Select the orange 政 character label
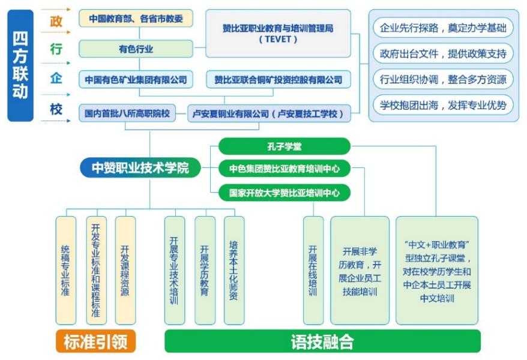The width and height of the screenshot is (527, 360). (56, 22)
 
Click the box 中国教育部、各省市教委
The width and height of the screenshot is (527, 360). (136, 19)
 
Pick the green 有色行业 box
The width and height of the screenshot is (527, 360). (136, 49)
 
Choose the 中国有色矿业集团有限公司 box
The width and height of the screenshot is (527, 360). (136, 79)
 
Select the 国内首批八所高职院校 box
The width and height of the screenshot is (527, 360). (127, 112)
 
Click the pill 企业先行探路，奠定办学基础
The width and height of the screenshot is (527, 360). (443, 28)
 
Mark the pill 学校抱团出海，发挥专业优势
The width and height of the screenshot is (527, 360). (443, 105)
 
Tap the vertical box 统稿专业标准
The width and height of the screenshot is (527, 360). (65, 270)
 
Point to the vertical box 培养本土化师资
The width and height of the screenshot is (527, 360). (234, 270)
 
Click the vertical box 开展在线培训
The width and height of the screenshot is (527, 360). (313, 270)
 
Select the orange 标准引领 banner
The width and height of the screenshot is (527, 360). (95, 341)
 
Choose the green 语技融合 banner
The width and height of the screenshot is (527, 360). (322, 341)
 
